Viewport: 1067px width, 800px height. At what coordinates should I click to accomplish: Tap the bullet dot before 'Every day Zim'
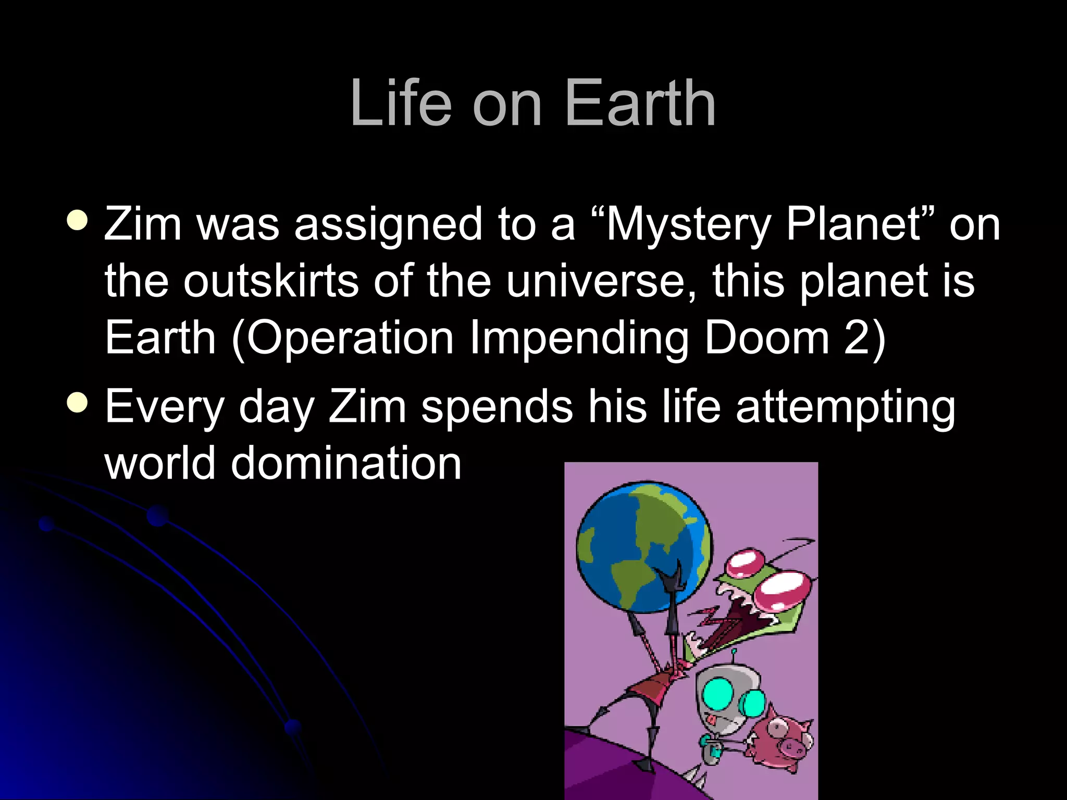click(x=78, y=402)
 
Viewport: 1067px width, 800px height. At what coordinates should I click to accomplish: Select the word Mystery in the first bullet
click(x=687, y=225)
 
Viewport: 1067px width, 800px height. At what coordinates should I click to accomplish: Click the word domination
click(x=346, y=464)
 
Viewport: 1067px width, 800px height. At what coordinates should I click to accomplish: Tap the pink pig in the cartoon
click(x=781, y=740)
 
